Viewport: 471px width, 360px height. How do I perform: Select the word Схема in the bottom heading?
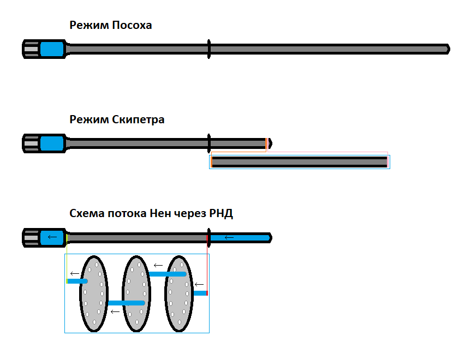[x=87, y=213]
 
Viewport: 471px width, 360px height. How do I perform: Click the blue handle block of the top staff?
[x=52, y=49]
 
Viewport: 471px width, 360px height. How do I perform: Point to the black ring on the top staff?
[x=208, y=49]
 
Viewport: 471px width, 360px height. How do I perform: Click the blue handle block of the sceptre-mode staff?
[x=52, y=143]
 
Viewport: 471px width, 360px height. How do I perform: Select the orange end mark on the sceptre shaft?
[x=266, y=143]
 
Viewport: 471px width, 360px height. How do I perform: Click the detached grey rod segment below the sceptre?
[x=299, y=161]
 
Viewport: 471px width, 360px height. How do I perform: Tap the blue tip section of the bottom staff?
[x=240, y=238]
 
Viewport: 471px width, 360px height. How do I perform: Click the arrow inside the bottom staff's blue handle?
[x=52, y=237]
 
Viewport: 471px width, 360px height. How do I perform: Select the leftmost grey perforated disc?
[x=93, y=293]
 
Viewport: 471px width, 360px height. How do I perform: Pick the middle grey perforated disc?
[x=136, y=293]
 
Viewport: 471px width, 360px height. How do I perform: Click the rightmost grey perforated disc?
[x=179, y=293]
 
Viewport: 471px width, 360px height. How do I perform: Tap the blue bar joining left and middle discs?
[x=126, y=303]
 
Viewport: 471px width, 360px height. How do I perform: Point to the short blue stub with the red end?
[x=200, y=293]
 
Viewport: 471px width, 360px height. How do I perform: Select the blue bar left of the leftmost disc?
[x=77, y=281]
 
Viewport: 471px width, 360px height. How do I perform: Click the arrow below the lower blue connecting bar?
[x=115, y=311]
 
